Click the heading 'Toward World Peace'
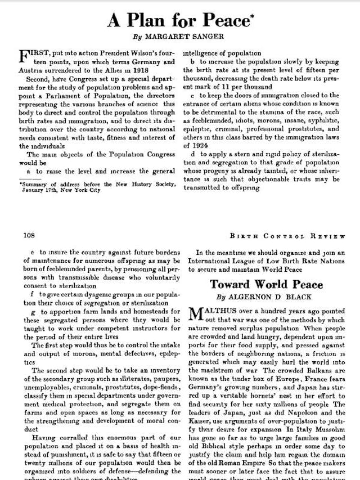click(267, 284)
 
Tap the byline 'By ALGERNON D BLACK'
click(267, 297)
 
